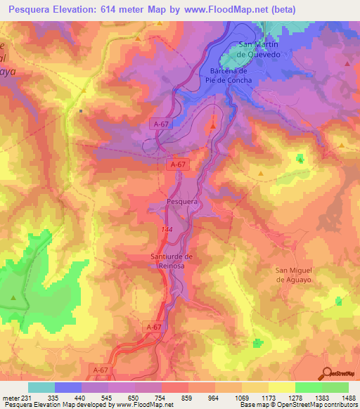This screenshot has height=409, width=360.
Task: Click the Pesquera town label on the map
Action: click(181, 202)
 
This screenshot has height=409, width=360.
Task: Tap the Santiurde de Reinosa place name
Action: click(172, 260)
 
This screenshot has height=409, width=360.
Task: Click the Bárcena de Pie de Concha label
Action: click(231, 75)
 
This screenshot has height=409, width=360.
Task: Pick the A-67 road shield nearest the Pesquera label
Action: click(179, 164)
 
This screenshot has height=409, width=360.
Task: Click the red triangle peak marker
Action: click(214, 126)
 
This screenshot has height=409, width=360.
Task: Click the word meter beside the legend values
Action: click(10, 398)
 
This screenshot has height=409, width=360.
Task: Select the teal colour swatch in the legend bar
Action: click(41, 387)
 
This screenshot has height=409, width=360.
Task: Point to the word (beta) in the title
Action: click(283, 9)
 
